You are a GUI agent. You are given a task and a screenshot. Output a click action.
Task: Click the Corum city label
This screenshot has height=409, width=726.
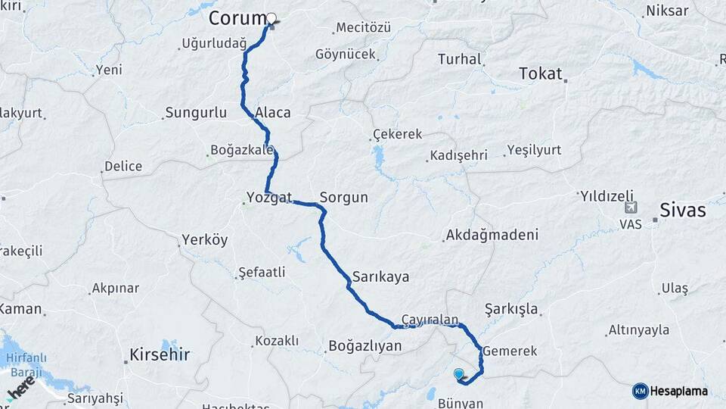point(237,17)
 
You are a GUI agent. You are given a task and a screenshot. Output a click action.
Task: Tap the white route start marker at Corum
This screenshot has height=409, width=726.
point(271,19)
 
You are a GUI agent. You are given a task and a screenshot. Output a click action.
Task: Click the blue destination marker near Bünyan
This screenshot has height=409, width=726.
point(458,373)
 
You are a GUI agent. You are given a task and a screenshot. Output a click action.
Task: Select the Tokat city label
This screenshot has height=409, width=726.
point(541,73)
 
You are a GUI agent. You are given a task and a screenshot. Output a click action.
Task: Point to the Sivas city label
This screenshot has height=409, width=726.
point(682,210)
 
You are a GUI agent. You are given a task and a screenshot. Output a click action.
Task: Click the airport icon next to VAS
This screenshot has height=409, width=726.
point(631,208)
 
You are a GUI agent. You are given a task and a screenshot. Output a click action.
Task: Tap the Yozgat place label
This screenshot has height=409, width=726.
point(268,198)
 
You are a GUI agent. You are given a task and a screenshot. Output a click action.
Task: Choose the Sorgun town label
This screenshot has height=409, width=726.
point(343,198)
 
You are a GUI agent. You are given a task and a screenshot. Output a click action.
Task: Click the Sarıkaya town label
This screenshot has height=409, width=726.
point(380,276)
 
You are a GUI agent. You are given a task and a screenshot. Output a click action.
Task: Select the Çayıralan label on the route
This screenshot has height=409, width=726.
point(430,320)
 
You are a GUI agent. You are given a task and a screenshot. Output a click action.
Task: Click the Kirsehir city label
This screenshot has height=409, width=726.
point(159,354)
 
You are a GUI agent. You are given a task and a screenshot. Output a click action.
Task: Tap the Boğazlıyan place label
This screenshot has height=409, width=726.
point(365,346)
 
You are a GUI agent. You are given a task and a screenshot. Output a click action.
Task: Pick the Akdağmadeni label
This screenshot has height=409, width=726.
point(492,235)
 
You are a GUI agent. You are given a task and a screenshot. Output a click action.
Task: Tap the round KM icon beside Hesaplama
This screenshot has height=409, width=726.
point(640,391)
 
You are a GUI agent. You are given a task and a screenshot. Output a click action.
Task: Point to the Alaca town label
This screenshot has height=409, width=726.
point(273,112)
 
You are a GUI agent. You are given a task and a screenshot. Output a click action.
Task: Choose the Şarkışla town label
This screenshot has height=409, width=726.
point(511,309)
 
